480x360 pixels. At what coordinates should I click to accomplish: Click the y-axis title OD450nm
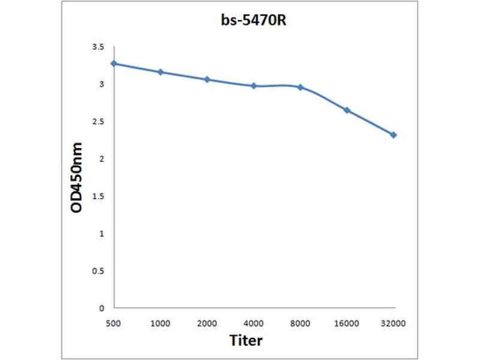pyautogui.click(x=77, y=178)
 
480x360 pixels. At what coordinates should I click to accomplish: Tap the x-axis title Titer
pyautogui.click(x=246, y=340)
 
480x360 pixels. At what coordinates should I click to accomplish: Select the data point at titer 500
pyautogui.click(x=114, y=64)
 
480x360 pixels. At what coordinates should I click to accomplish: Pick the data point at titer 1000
pyautogui.click(x=160, y=72)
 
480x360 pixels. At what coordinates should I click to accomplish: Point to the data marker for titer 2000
pyautogui.click(x=207, y=79)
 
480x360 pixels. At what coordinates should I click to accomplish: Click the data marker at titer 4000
pyautogui.click(x=254, y=86)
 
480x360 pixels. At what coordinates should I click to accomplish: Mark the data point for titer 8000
pyautogui.click(x=300, y=87)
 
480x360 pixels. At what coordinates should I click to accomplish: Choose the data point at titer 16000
pyautogui.click(x=347, y=110)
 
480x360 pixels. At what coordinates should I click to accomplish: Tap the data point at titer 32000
pyautogui.click(x=394, y=135)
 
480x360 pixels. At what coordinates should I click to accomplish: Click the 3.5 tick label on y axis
pyautogui.click(x=98, y=47)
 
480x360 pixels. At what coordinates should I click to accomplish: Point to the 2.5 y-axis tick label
pyautogui.click(x=98, y=122)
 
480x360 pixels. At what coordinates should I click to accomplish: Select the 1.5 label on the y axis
pyautogui.click(x=98, y=196)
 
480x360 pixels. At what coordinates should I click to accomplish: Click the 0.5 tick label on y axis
pyautogui.click(x=98, y=271)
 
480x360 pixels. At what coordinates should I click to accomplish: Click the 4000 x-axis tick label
pyautogui.click(x=254, y=323)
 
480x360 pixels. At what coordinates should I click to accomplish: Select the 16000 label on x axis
pyautogui.click(x=347, y=323)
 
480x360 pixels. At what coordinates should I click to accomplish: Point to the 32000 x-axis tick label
pyautogui.click(x=394, y=323)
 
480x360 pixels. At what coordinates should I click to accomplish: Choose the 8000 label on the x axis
pyautogui.click(x=300, y=323)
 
